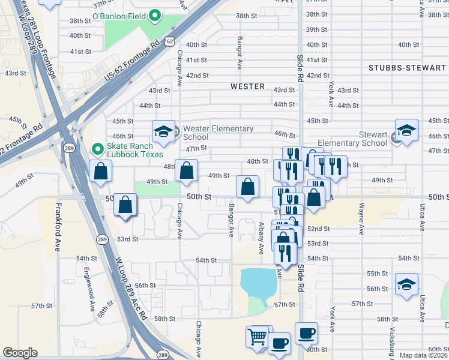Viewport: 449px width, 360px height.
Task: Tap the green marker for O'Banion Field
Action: [155, 15]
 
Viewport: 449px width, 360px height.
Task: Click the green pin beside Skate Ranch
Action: [96, 149]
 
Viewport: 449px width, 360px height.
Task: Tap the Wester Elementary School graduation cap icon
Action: [162, 131]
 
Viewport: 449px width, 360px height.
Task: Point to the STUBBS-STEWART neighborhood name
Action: [408, 68]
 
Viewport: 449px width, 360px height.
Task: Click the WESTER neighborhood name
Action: [247, 86]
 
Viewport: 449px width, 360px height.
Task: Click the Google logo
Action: [20, 353]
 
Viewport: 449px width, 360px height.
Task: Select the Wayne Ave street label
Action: [361, 219]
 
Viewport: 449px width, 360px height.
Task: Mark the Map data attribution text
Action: [424, 355]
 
